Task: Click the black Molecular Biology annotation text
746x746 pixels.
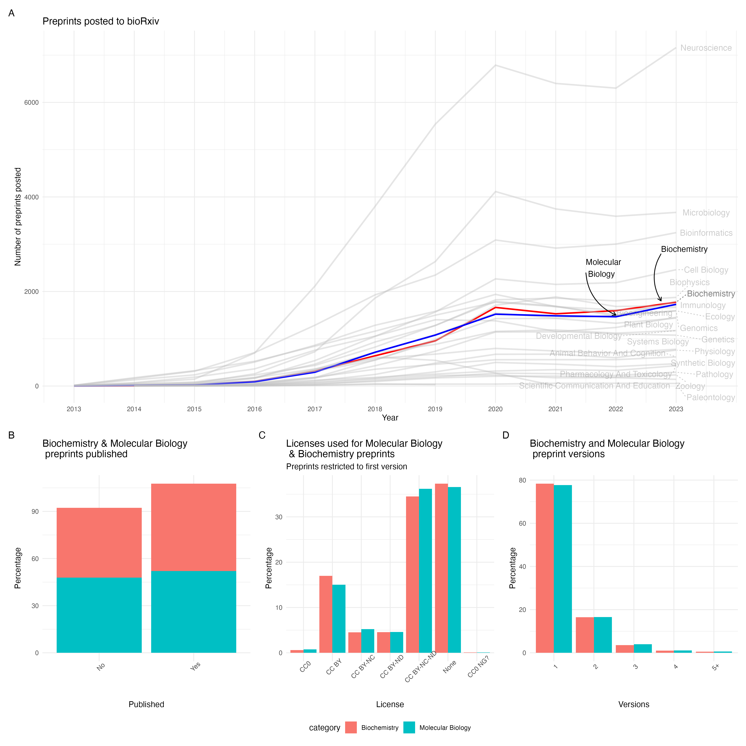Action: click(603, 268)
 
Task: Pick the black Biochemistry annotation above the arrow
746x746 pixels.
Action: click(684, 249)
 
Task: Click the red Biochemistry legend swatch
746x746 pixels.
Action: click(351, 728)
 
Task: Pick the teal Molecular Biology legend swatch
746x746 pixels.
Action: click(409, 728)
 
